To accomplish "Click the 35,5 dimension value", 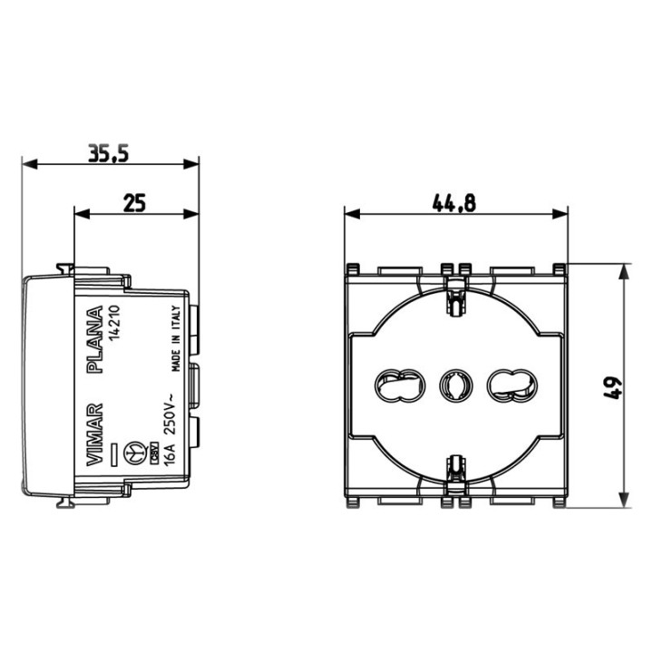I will (108, 153).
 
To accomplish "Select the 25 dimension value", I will (134, 203).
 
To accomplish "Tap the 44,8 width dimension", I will (454, 203).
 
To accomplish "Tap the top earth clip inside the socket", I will (453, 294).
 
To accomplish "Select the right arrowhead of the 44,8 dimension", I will (562, 215).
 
